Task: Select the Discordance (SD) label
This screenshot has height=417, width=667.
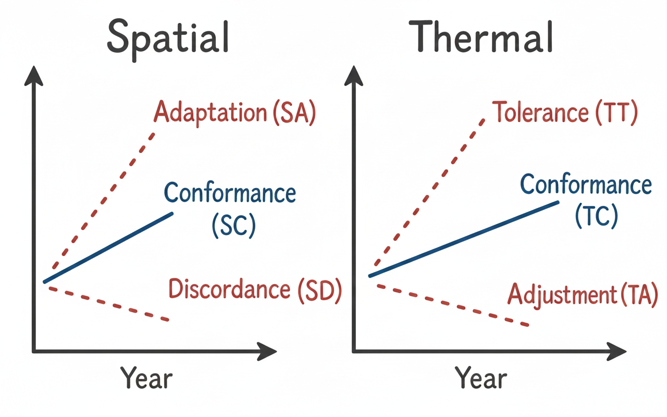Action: (x=255, y=290)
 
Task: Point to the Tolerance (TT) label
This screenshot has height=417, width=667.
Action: (x=565, y=113)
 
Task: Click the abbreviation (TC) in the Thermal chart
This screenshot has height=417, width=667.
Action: (x=596, y=215)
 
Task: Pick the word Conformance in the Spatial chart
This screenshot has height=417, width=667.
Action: (x=230, y=193)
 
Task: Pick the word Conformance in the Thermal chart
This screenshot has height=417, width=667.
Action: (x=586, y=185)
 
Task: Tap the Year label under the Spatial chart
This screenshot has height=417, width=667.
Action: (x=146, y=378)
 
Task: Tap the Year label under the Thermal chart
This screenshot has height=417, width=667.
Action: (x=480, y=378)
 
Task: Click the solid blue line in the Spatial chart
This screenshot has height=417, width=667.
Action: (x=108, y=248)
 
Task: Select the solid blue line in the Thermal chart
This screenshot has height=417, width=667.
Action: (x=464, y=238)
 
